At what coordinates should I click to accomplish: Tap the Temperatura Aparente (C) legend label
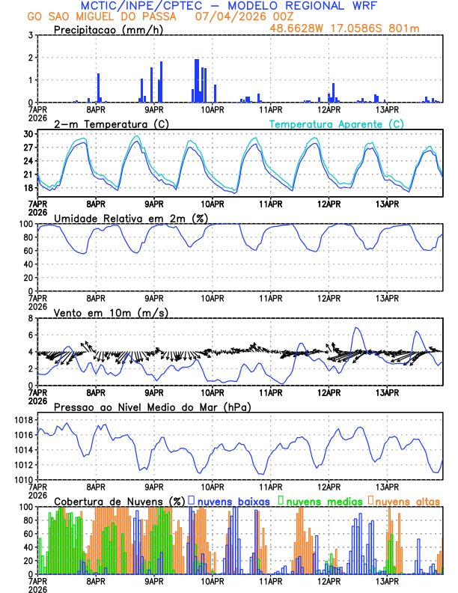336,124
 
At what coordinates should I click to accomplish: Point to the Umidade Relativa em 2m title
131,218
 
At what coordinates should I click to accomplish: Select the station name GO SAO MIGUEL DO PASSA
102,16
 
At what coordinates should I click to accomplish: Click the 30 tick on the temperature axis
28,134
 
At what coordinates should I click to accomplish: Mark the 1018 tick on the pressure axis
22,421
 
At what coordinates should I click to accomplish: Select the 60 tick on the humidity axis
26,251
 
